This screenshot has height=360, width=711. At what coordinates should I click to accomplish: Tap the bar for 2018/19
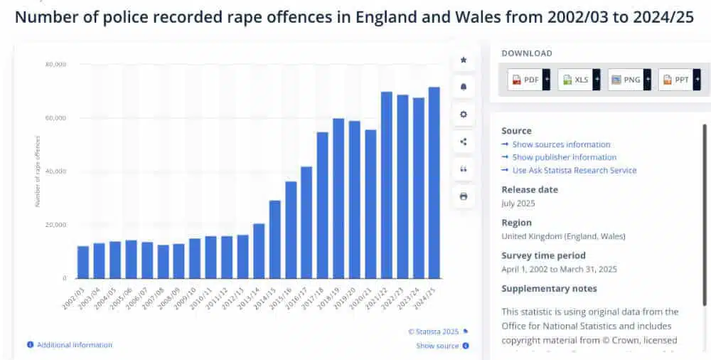(x=338, y=198)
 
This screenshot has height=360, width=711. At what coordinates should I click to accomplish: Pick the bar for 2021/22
(x=386, y=185)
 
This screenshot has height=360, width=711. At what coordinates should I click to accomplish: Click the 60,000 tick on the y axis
(x=56, y=118)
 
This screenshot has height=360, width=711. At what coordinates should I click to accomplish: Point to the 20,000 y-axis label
(x=56, y=225)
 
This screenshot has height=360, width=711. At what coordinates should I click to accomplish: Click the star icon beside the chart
(x=464, y=60)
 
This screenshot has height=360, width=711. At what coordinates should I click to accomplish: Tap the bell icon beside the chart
(x=464, y=87)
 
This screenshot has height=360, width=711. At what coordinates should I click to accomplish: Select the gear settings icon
(x=464, y=114)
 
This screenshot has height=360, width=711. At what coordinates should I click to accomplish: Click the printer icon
(x=464, y=196)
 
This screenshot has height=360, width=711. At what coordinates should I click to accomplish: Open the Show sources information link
(x=561, y=144)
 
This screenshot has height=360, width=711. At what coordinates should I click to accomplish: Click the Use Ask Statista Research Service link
(x=574, y=170)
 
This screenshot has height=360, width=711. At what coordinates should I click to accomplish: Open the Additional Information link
(x=74, y=345)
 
